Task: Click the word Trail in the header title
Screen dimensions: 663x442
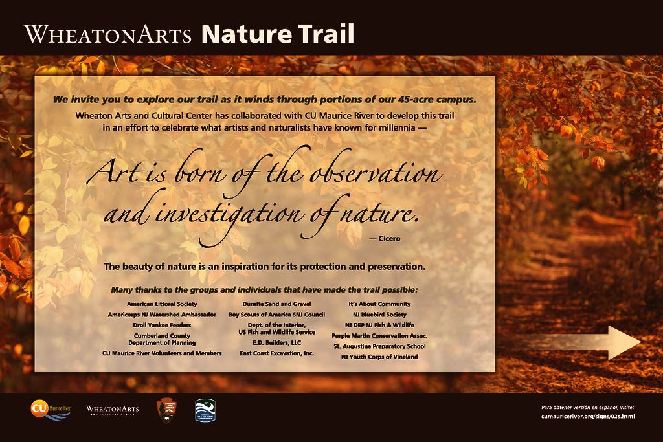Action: coord(326,34)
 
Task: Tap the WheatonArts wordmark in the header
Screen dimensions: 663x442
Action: coord(108,34)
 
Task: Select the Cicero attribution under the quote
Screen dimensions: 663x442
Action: coord(385,239)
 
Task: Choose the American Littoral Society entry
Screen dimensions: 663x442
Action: coord(162,304)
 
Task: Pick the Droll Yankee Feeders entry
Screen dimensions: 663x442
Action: coord(162,325)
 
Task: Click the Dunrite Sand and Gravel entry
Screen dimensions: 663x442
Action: coord(276,304)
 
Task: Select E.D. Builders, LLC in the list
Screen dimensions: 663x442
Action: coord(276,343)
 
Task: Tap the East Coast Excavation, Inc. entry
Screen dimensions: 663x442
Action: coord(276,353)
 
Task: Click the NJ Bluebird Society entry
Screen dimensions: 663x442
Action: coord(379,315)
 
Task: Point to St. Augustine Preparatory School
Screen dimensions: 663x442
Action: coord(379,346)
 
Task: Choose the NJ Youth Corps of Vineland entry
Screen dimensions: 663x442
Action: coord(379,357)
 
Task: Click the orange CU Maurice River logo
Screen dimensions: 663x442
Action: coord(51,410)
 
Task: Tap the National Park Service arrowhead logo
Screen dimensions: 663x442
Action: coord(166,410)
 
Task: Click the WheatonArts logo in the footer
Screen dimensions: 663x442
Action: coord(112,410)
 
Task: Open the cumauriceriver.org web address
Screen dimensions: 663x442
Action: coord(588,417)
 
